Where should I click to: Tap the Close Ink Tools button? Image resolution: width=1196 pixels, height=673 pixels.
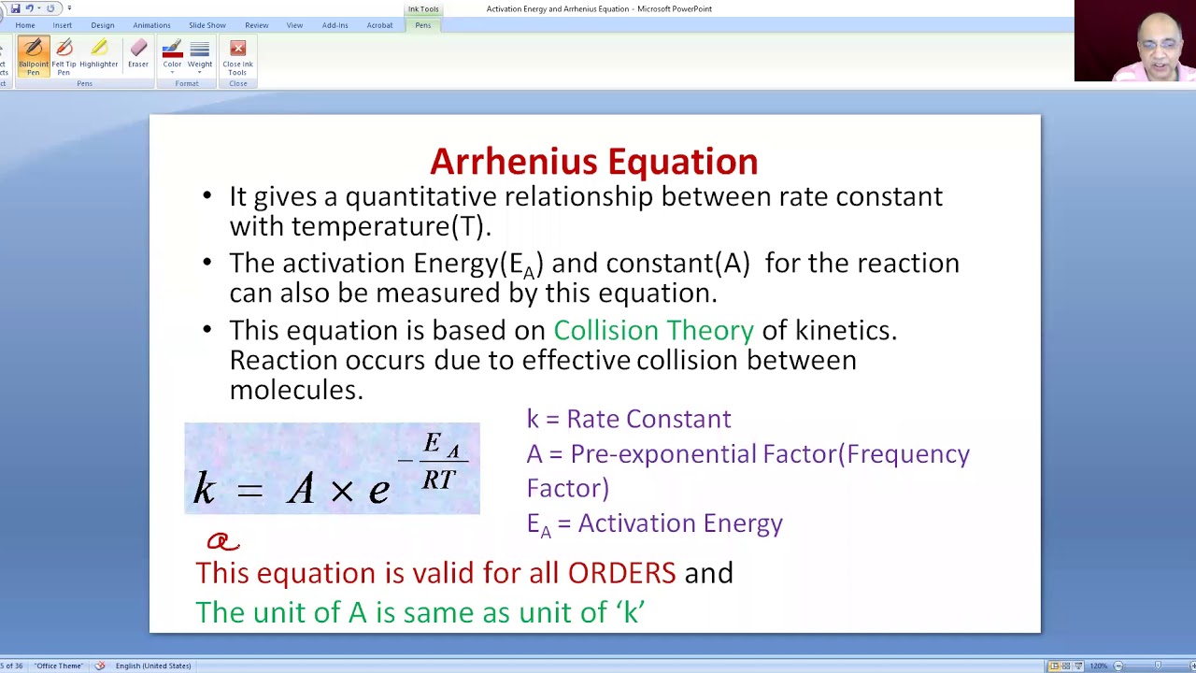coord(237,55)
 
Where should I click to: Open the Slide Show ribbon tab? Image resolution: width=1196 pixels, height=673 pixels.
coord(206,25)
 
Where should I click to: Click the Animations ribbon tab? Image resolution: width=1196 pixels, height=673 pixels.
coord(151,25)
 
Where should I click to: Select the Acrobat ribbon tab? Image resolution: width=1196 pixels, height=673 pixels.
coord(379,25)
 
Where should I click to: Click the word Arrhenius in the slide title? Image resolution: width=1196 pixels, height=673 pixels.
coord(506,162)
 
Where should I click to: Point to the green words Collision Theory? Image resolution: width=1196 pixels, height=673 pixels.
coord(653,330)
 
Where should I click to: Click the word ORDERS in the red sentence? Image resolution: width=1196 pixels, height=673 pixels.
coord(621,572)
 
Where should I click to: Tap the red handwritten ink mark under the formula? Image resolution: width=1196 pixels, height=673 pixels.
coord(222,541)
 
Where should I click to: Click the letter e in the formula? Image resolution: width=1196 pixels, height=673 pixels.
coord(378,489)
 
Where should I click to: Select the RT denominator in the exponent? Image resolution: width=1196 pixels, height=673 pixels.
coord(438,480)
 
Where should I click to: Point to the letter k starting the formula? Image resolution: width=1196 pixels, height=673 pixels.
coord(204,487)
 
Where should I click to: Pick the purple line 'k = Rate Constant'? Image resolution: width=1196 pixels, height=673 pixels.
coord(628,419)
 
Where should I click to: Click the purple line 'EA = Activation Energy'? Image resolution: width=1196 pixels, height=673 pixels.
coord(654,523)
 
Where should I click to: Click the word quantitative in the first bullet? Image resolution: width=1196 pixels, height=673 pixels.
coord(421,196)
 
